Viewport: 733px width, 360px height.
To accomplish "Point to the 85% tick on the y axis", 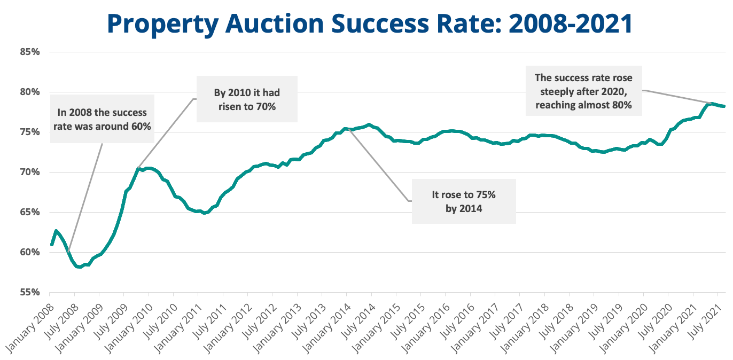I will pyautogui.click(x=31, y=52).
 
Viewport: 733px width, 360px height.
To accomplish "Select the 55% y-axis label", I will pyautogui.click(x=31, y=292).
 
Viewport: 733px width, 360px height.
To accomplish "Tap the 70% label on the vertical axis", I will pyautogui.click(x=31, y=172).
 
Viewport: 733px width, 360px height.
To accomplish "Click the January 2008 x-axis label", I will pyautogui.click(x=29, y=326).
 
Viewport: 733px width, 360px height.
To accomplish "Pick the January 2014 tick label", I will pyautogui.click(x=326, y=326).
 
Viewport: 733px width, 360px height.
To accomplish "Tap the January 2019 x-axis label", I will pyautogui.click(x=574, y=326).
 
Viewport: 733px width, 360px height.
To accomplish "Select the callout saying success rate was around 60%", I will pyautogui.click(x=102, y=120).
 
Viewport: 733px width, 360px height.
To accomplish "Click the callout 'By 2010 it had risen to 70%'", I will pyautogui.click(x=246, y=99).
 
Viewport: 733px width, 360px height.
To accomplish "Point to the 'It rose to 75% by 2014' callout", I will pyautogui.click(x=464, y=201).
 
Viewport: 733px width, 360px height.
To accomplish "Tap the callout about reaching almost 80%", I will pyautogui.click(x=583, y=91).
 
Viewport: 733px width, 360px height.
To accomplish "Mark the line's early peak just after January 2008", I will pyautogui.click(x=55, y=231).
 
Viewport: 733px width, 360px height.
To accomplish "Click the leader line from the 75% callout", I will pyautogui.click(x=379, y=166).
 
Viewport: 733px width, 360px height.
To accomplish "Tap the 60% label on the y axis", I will pyautogui.click(x=31, y=252).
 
